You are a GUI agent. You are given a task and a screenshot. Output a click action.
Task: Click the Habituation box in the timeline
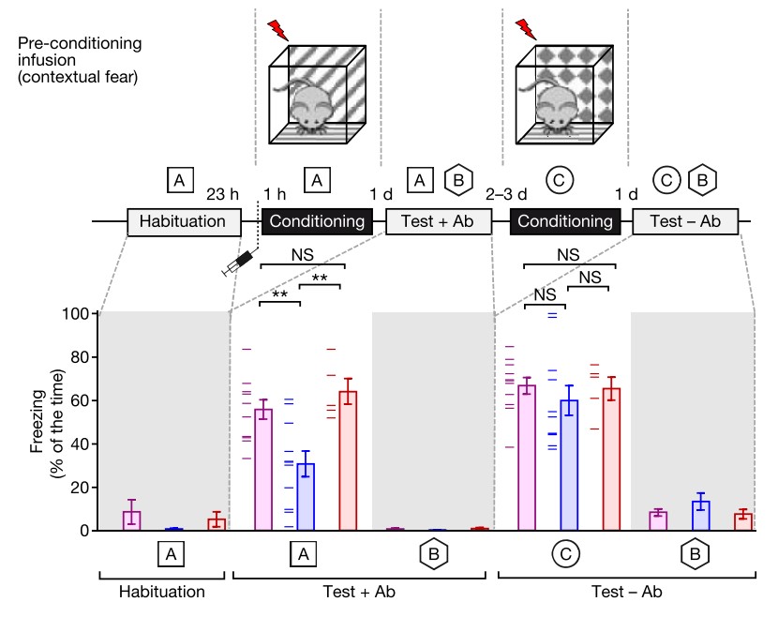pyautogui.click(x=183, y=222)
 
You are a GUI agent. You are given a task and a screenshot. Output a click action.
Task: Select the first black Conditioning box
pyautogui.click(x=317, y=222)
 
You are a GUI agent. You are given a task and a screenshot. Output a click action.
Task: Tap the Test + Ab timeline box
pyautogui.click(x=438, y=222)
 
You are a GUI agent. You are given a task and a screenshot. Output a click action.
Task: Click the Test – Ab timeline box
pyautogui.click(x=685, y=222)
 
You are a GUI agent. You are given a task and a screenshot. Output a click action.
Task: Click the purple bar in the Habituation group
pyautogui.click(x=132, y=520)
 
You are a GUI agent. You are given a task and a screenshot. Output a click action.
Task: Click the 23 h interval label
pyautogui.click(x=223, y=195)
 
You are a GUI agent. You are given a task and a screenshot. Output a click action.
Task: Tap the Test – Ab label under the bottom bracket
pyautogui.click(x=625, y=592)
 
